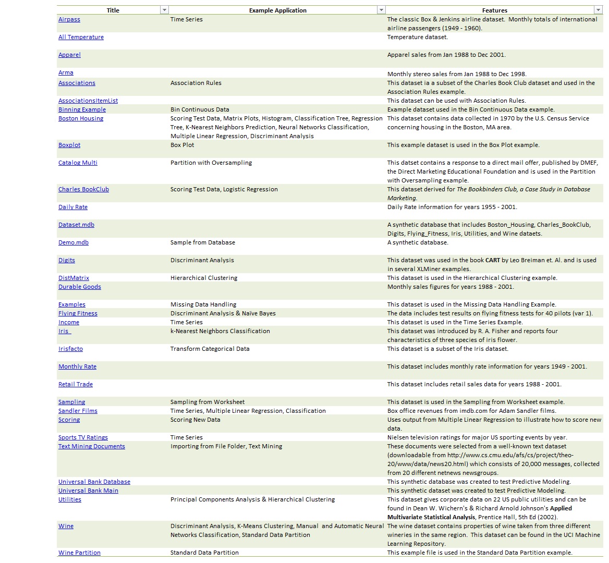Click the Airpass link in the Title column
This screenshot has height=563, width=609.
69,19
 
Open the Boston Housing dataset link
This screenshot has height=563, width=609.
81,118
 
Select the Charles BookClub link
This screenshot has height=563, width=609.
83,189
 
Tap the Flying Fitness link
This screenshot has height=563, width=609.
78,313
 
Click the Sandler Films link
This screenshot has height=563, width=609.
78,411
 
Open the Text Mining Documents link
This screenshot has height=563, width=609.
92,446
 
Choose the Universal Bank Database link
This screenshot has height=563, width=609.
94,482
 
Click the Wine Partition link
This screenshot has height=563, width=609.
79,553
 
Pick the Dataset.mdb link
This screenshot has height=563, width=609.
76,225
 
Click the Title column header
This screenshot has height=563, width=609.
113,10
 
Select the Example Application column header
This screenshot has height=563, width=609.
277,10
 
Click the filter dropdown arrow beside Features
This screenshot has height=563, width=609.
598,10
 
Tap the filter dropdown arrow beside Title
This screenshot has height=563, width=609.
164,10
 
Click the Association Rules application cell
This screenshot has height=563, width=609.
196,83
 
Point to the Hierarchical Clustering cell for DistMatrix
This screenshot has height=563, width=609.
204,278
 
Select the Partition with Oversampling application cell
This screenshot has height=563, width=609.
211,163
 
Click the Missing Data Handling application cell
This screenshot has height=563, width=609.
203,304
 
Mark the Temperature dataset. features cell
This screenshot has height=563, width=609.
417,37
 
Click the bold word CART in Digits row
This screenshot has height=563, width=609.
493,260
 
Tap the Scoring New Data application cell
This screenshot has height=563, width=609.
195,420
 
